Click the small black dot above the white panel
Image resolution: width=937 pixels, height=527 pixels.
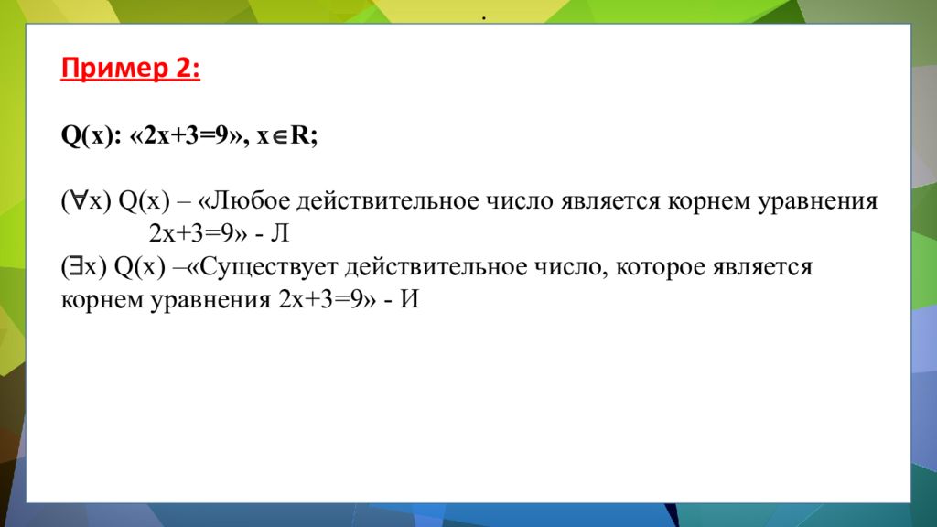[x=481, y=19]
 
